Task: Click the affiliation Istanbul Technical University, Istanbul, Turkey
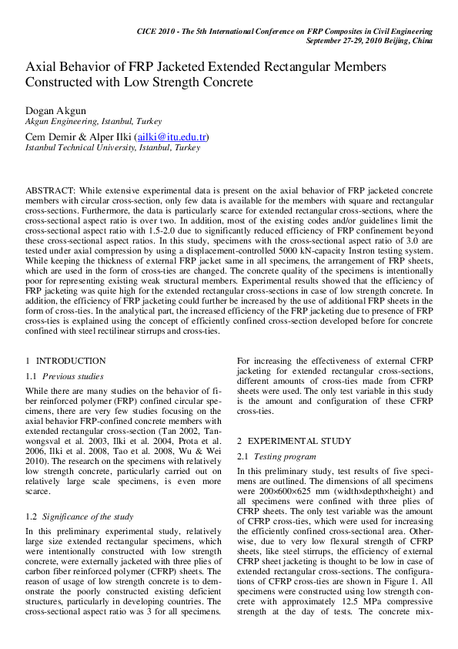click(x=113, y=147)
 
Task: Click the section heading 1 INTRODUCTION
click(x=65, y=361)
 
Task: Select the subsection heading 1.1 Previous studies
click(x=65, y=377)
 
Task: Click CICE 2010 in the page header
click(x=159, y=31)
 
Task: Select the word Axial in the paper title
click(x=42, y=67)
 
